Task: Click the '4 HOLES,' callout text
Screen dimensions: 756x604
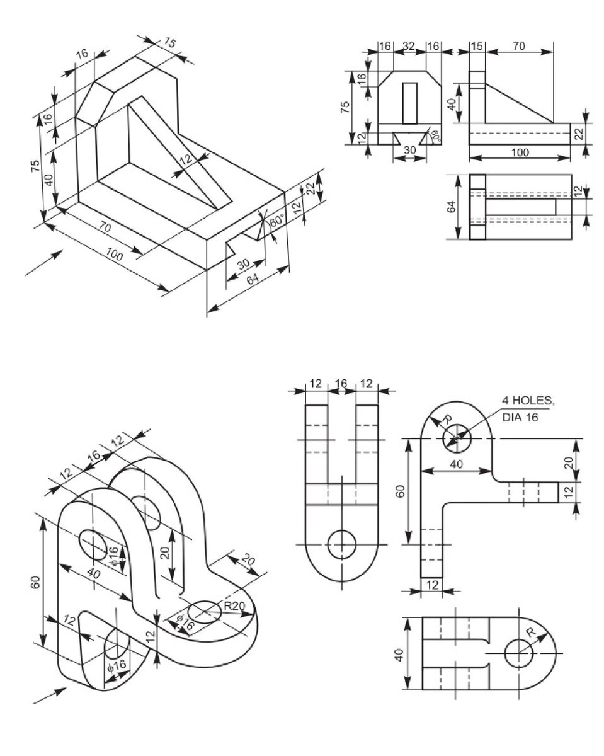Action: [529, 401]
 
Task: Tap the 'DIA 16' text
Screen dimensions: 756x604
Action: [520, 416]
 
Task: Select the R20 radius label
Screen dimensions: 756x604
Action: [233, 607]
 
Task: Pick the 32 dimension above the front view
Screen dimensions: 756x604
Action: [408, 46]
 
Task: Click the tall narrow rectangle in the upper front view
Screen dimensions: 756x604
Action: [410, 103]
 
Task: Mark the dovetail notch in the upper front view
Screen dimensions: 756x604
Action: [409, 138]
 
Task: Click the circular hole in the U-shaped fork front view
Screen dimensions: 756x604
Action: [342, 543]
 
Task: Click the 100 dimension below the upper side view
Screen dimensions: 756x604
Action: [520, 152]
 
